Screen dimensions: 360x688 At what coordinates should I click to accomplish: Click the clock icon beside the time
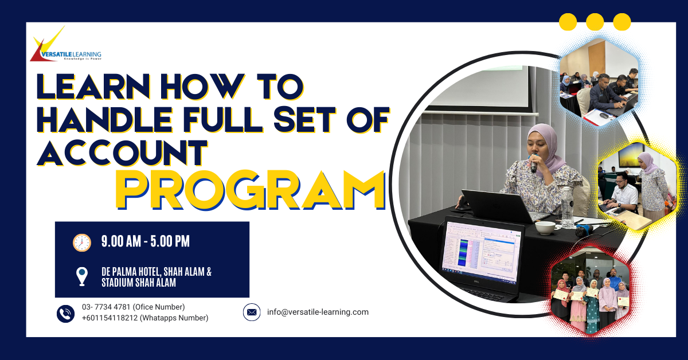tap(82, 242)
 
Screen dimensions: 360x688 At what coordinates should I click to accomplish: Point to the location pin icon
tap(82, 276)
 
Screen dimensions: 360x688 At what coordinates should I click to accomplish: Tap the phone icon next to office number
tap(66, 313)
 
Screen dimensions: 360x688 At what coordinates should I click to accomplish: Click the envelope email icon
tap(252, 312)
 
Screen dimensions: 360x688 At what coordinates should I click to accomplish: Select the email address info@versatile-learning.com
tap(318, 312)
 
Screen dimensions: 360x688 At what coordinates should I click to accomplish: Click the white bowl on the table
tap(545, 228)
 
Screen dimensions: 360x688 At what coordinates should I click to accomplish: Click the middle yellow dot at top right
tap(595, 22)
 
